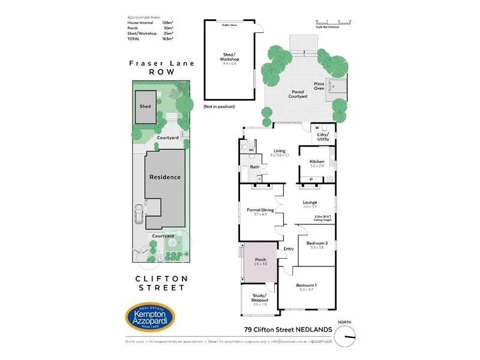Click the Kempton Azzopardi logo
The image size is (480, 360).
pos(149,316)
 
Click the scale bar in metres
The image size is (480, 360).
pos(332,23)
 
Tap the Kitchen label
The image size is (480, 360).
pos(317,162)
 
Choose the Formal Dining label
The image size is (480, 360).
pos(260,210)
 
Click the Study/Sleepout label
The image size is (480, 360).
pos(259,298)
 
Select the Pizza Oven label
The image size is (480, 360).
pos(319,86)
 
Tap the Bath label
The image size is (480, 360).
pos(254,167)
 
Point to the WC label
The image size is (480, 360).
pos(252,149)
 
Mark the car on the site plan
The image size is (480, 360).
pos(139,214)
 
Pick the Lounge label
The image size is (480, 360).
pos(310,203)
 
